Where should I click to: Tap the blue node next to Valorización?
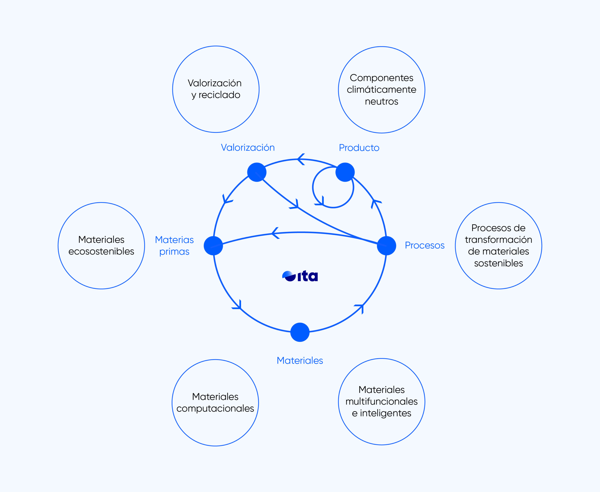coord(257,172)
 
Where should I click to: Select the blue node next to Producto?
coord(345,172)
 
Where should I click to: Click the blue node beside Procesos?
coord(386,246)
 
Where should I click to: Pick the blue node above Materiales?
coord(300,332)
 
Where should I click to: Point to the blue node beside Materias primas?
coord(213,246)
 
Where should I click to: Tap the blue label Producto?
coord(359,148)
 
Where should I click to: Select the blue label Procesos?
coord(424,245)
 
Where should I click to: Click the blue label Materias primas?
coord(174,246)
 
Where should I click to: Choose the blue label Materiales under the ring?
coord(300,360)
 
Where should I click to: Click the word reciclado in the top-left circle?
coord(219,95)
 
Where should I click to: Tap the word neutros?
coord(382,101)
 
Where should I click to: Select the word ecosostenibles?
coord(101,251)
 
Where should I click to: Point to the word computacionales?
coord(215,408)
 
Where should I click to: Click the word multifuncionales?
coord(382,401)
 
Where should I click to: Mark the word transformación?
coord(499,240)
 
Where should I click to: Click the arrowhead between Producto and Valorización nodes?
coord(301,159)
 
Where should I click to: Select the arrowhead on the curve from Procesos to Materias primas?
coord(275,233)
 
